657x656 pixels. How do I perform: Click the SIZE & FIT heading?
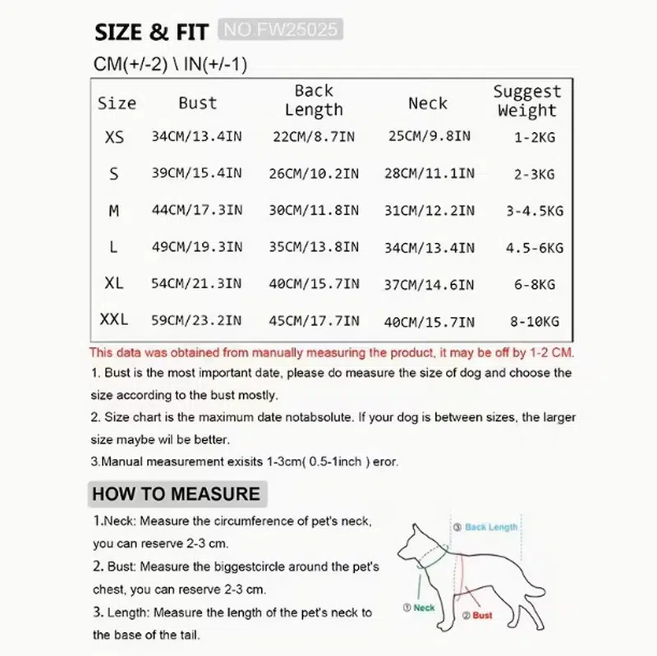tap(153, 33)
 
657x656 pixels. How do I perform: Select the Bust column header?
tap(197, 103)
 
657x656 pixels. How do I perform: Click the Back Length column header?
tap(314, 100)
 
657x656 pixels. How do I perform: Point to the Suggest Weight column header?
tap(526, 101)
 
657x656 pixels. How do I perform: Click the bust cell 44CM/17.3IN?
tap(197, 211)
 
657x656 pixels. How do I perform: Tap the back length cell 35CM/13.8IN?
tap(314, 246)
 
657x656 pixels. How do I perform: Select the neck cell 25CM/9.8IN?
tap(429, 136)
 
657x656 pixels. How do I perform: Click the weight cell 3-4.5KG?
tap(535, 211)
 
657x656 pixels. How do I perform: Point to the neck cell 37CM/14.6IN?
tap(429, 284)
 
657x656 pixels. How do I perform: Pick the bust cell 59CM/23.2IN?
tap(197, 321)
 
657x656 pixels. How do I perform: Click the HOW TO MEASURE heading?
tap(176, 493)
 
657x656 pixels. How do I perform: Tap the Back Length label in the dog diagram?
tap(490, 527)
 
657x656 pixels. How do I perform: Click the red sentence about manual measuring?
tap(332, 352)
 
